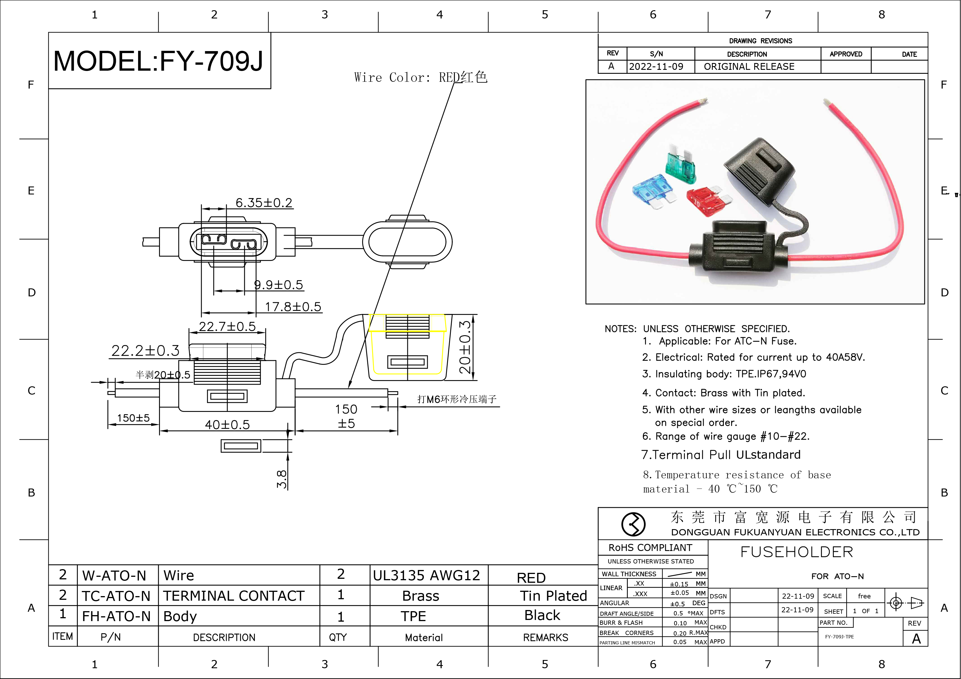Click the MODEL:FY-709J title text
pos(158,61)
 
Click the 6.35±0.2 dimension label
pos(264,203)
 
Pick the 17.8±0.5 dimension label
pos(293,307)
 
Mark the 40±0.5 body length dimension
pos(227,425)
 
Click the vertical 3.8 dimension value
pos(282,479)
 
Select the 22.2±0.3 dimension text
pos(145,351)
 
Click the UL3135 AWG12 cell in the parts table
pos(426,575)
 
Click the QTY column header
pos(338,637)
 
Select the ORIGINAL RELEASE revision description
pos(749,66)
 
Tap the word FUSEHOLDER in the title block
pos(797,552)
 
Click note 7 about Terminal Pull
pos(721,455)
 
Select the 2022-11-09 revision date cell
pos(656,66)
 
